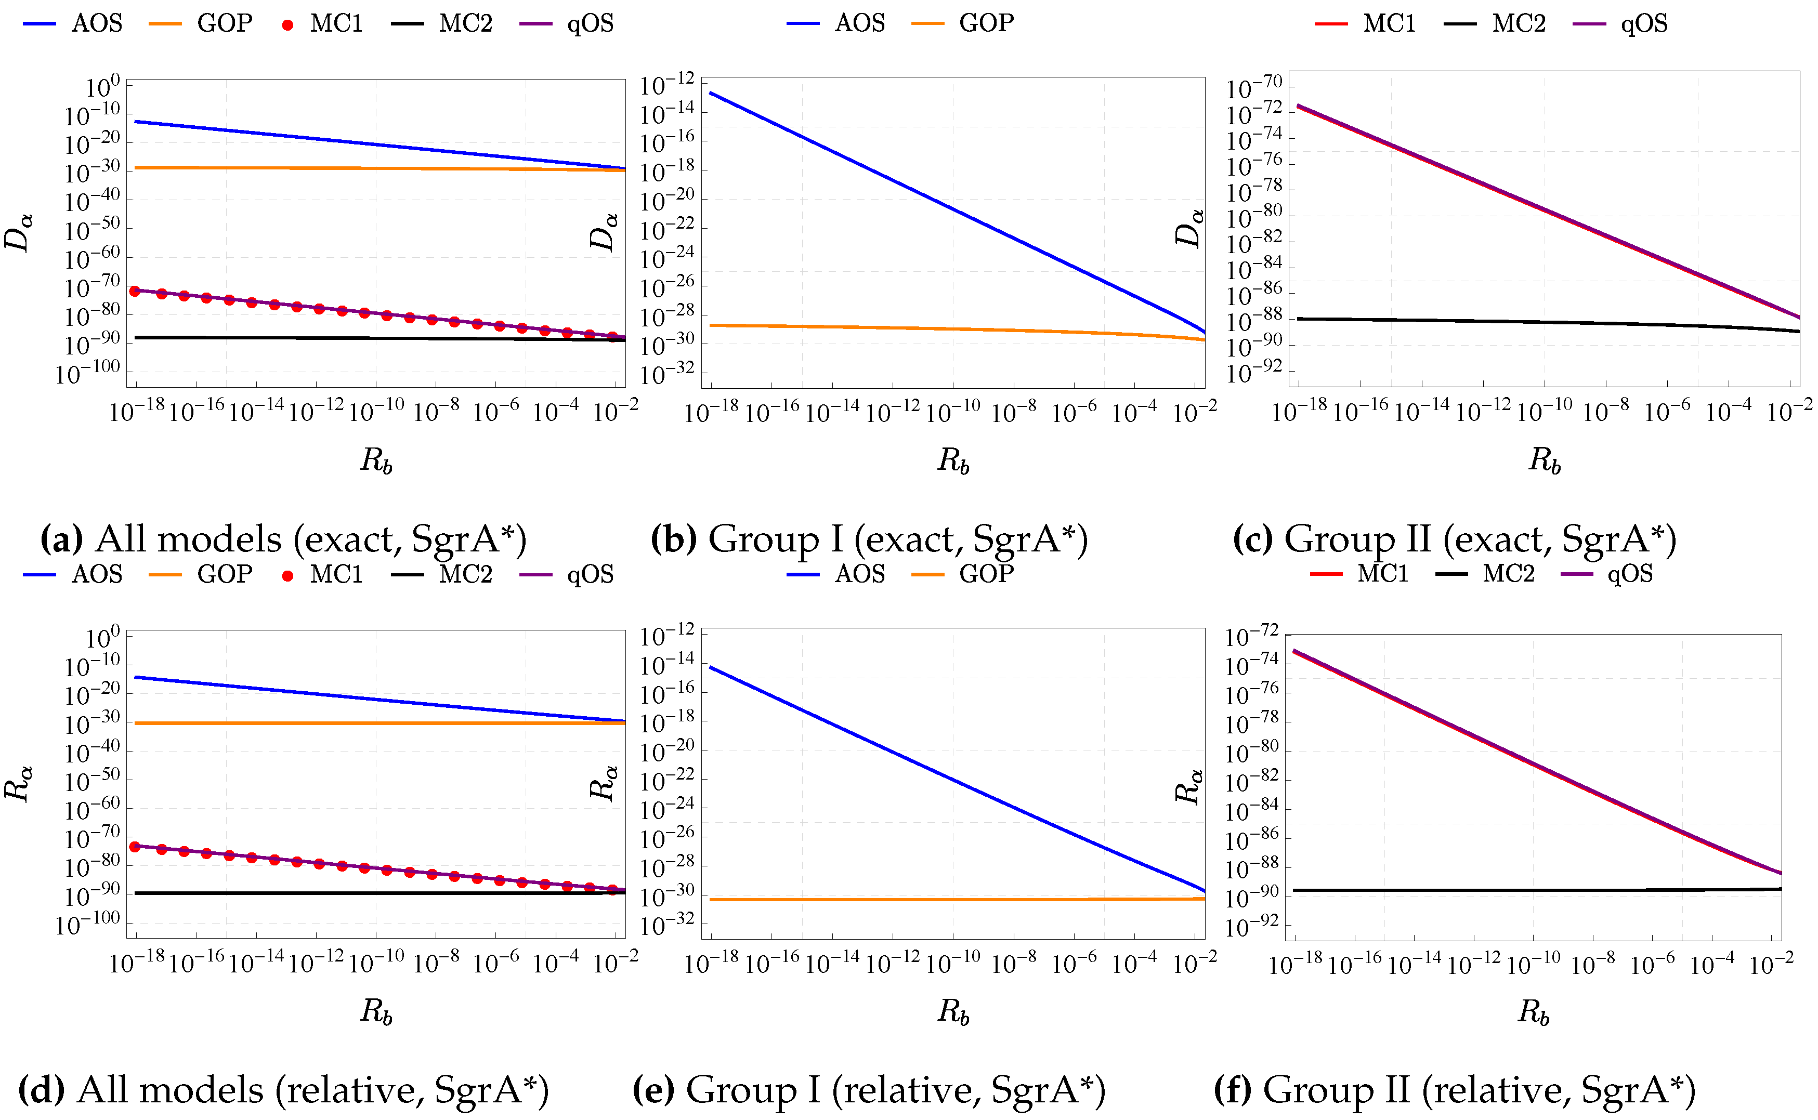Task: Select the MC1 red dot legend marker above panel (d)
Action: tap(287, 575)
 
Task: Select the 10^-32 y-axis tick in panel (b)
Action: tap(668, 374)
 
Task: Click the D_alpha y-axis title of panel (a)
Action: tap(19, 231)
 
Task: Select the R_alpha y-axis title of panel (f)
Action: tap(1189, 787)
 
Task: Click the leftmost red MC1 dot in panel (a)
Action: tap(135, 291)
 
